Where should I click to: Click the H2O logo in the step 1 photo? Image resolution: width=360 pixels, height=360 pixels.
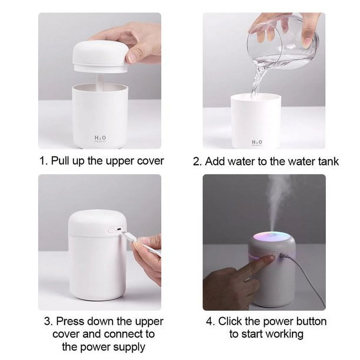click(100, 138)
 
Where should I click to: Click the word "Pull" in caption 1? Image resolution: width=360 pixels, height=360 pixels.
click(60, 161)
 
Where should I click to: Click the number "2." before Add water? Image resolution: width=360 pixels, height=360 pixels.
click(198, 161)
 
